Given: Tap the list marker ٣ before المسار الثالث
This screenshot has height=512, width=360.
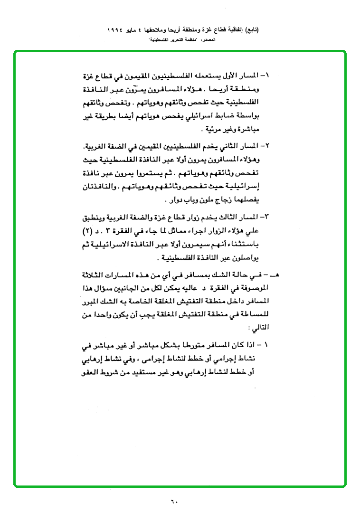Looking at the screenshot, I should pos(266,217).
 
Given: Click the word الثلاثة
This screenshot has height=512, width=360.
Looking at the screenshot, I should pos(102,275).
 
